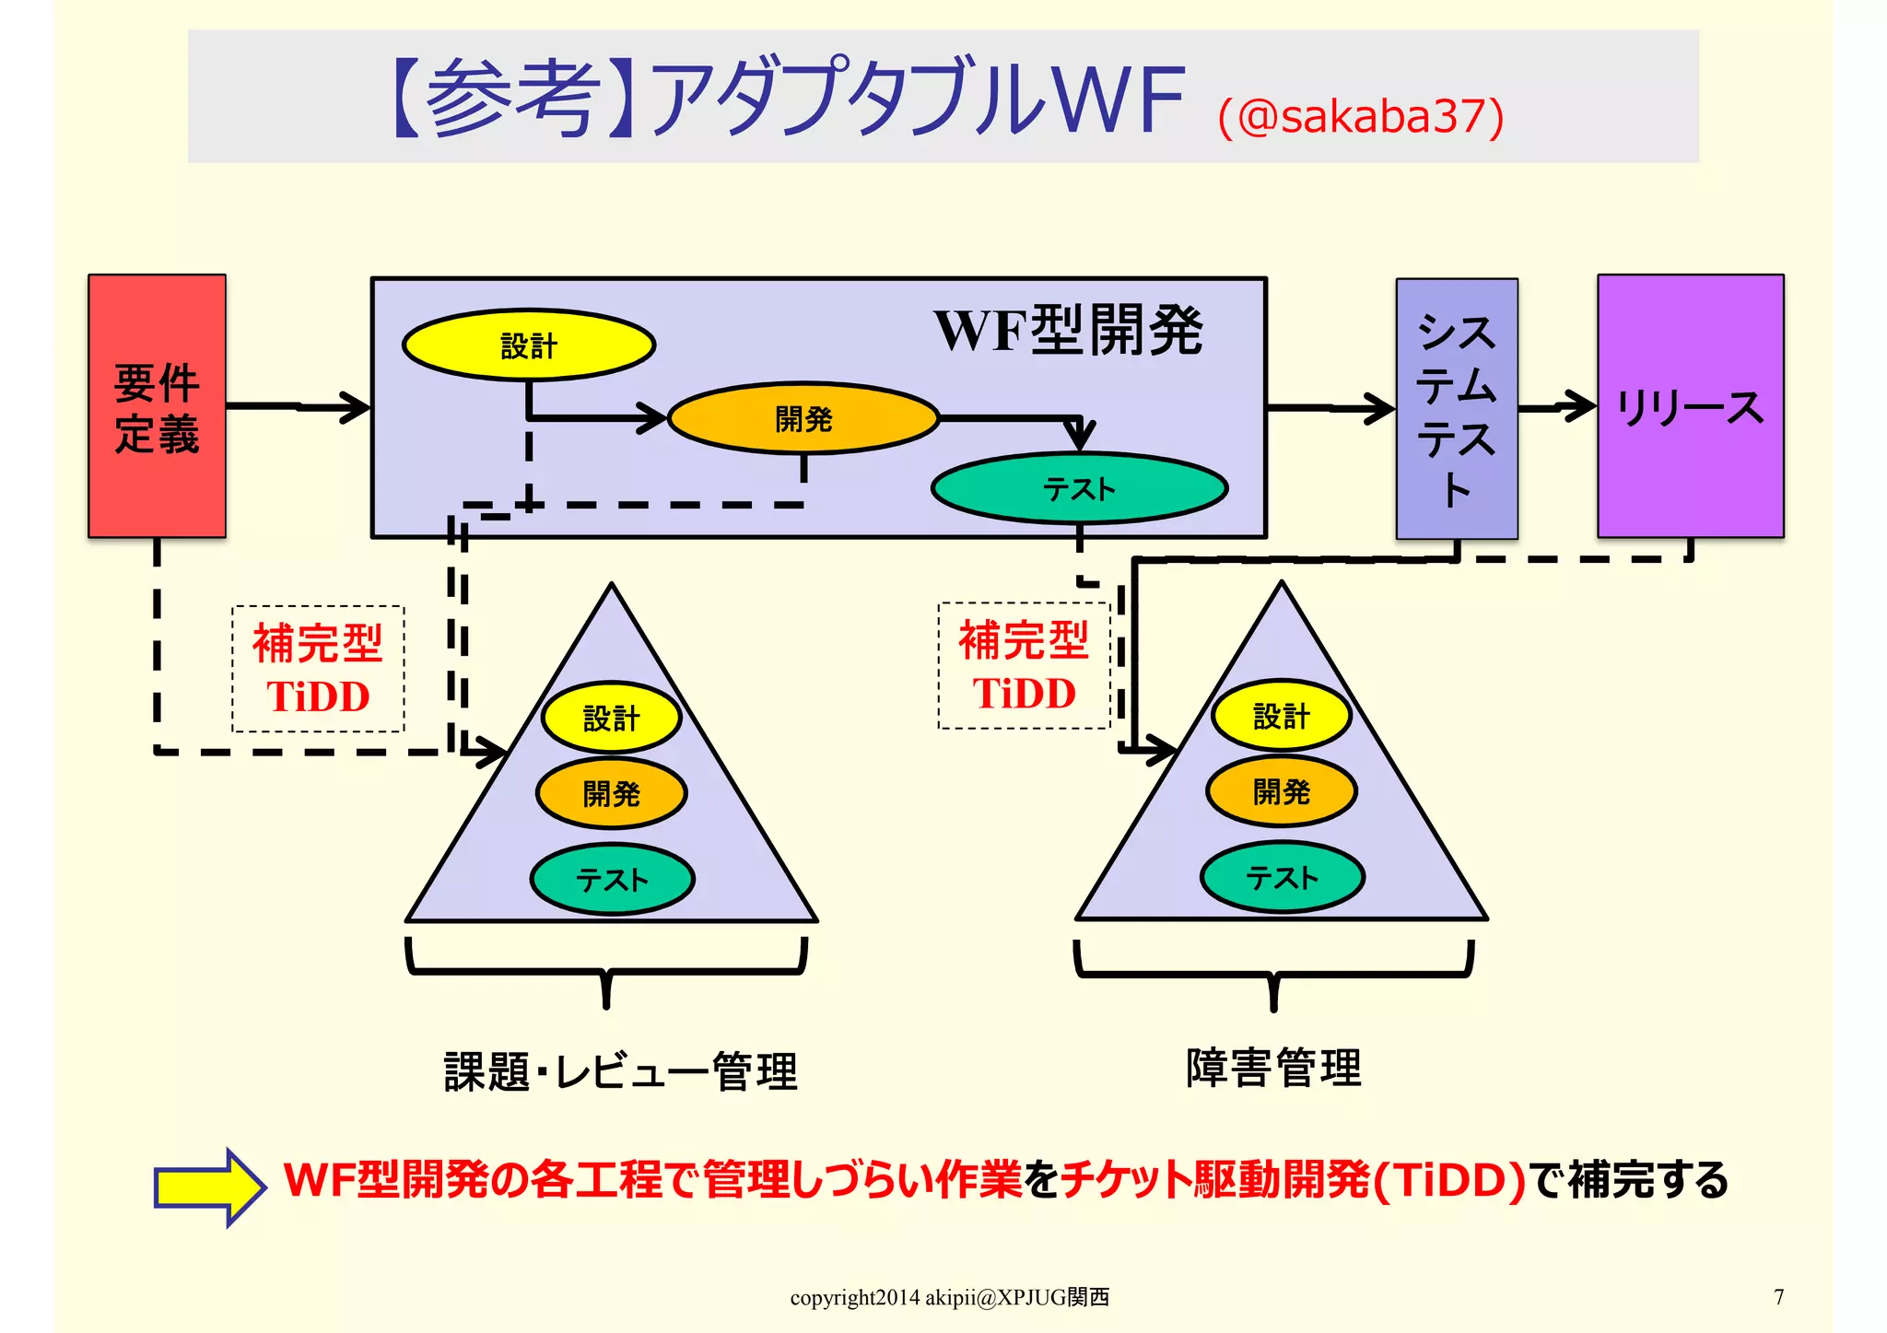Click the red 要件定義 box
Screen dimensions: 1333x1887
[x=157, y=406]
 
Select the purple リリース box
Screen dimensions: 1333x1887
[x=1690, y=406]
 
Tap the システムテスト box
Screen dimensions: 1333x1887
[x=1457, y=409]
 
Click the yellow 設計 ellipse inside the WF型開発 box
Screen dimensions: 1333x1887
[x=529, y=345]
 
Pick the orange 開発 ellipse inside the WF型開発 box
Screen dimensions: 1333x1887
[x=803, y=419]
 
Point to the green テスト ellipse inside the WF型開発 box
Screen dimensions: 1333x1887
[x=1079, y=488]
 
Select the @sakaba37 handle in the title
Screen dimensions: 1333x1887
[x=1361, y=117]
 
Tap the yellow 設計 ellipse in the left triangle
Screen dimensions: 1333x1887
[x=611, y=718]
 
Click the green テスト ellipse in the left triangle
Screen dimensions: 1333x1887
[x=612, y=880]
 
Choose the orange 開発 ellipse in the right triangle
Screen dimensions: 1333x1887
[x=1281, y=791]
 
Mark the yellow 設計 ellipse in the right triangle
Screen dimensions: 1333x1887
[x=1281, y=716]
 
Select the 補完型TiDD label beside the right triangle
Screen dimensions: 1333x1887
[x=1024, y=666]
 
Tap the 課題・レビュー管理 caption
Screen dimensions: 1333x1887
[x=620, y=1071]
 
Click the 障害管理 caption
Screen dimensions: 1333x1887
[x=1273, y=1069]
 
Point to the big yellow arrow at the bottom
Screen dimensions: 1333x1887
[x=210, y=1187]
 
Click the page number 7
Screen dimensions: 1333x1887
[x=1778, y=1297]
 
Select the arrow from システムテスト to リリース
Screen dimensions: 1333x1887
[x=1557, y=406]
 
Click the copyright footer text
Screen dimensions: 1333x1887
[x=949, y=1297]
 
